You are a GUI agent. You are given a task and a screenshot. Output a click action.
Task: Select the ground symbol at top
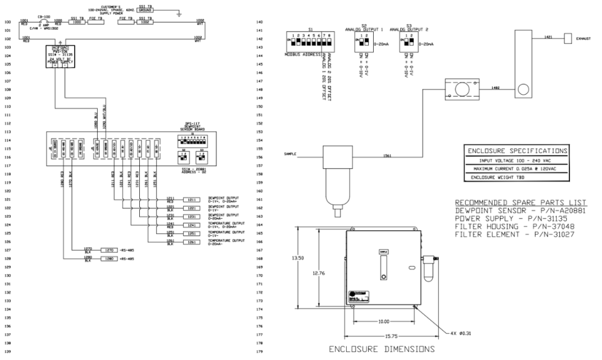[x=178, y=13]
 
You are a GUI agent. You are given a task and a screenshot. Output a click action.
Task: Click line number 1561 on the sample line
[x=387, y=156]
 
